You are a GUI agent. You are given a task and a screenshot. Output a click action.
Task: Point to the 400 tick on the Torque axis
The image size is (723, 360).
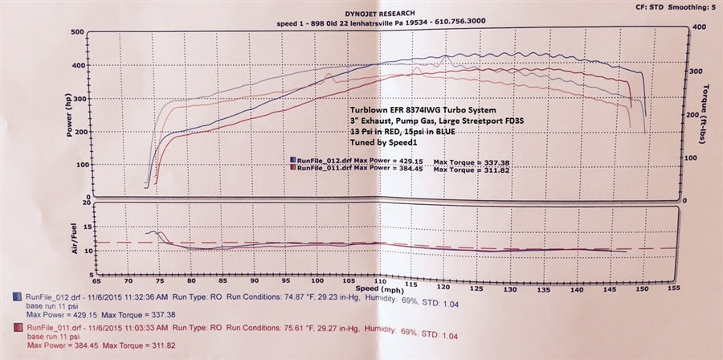click(x=698, y=27)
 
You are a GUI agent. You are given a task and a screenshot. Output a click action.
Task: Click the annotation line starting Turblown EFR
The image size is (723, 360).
click(x=421, y=108)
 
